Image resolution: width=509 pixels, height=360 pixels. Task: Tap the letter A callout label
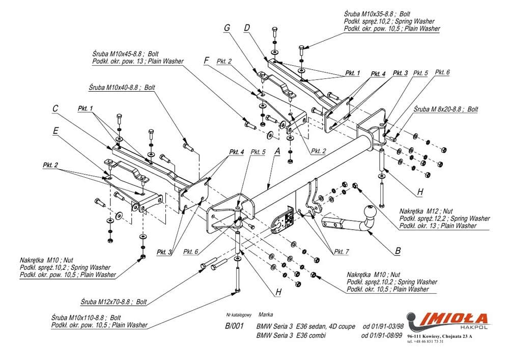pos(277,151)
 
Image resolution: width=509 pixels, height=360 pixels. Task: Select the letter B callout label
pos(398,251)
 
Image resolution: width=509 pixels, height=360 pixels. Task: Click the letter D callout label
pos(247,29)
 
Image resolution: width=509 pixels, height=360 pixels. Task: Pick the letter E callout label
pos(55,130)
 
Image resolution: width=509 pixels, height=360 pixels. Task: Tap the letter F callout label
pos(206,60)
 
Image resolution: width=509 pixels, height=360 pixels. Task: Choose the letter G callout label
pos(227,28)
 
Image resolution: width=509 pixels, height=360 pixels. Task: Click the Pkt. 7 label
pos(342,252)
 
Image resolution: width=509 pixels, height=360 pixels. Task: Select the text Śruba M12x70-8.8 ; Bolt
pos(113,301)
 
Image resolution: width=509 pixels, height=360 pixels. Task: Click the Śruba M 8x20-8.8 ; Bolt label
pos(446,109)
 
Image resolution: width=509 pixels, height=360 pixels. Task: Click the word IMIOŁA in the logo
pos(456,319)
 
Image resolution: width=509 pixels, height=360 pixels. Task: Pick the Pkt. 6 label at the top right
pos(442,73)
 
